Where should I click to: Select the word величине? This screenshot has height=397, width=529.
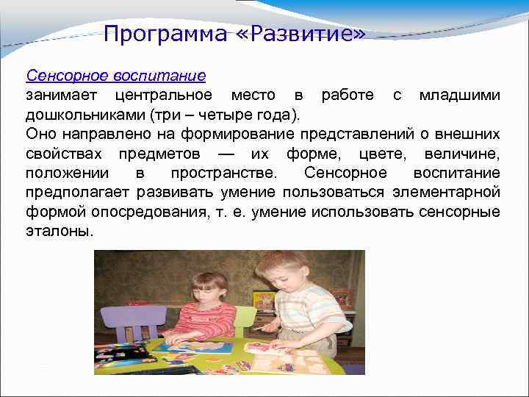[x=462, y=153]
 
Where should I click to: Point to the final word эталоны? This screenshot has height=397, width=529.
[x=60, y=231]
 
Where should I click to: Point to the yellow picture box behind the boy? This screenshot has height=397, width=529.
[x=263, y=300]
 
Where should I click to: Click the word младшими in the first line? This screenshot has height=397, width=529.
[x=460, y=95]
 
